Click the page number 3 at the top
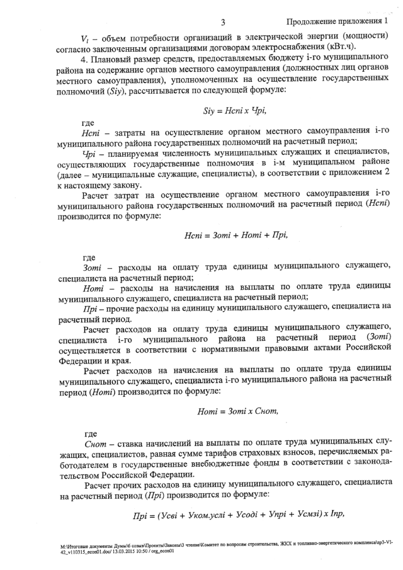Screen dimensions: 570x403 223,23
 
